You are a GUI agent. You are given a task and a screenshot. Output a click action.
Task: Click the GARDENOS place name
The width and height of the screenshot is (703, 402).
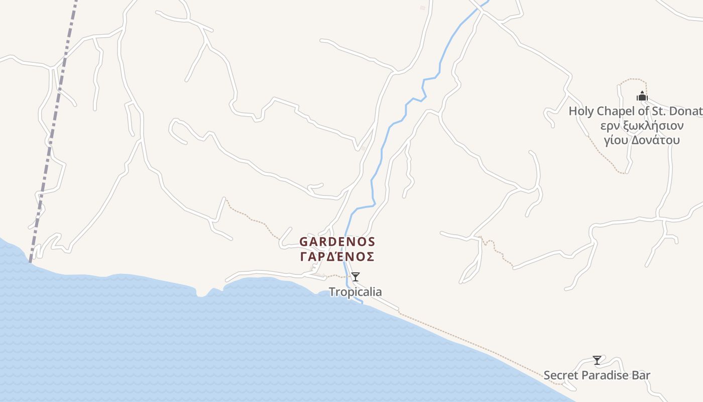coord(337,242)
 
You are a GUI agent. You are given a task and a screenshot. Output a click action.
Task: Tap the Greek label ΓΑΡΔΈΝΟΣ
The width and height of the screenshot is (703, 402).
coord(337,257)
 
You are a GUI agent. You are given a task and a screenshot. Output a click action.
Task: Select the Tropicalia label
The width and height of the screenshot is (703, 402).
coord(355,292)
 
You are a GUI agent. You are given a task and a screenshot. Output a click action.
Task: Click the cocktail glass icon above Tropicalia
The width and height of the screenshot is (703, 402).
coord(356,276)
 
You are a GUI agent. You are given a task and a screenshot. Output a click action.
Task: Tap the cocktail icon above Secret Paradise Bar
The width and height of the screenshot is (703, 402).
coord(597,360)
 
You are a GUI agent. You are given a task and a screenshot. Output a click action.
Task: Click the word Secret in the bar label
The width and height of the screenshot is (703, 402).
coord(560,375)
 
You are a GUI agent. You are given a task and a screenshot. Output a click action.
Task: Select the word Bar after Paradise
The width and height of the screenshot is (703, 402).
coord(641,375)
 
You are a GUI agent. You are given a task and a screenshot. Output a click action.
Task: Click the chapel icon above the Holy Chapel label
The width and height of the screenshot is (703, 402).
coord(642,96)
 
